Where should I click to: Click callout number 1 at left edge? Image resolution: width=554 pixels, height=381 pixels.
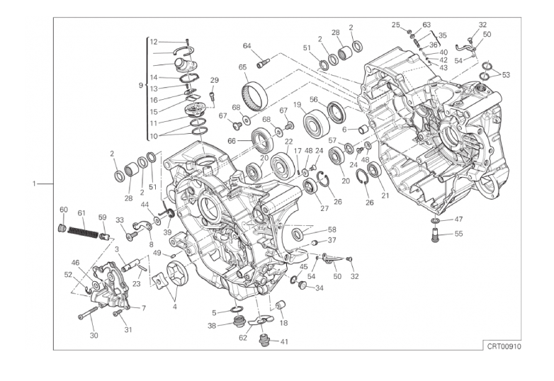tap(34, 184)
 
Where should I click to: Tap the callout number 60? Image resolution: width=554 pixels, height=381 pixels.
tap(63, 210)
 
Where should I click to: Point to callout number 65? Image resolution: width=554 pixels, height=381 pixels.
tap(242, 67)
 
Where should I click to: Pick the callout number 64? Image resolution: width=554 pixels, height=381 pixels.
tap(247, 46)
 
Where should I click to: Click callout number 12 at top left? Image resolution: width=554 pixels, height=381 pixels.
tap(153, 42)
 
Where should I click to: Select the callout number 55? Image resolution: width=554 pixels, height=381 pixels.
tap(458, 234)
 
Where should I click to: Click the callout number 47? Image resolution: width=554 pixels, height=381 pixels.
tap(458, 219)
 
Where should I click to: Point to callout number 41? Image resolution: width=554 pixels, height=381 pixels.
tap(284, 342)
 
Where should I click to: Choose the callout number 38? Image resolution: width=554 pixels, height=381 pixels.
tap(212, 326)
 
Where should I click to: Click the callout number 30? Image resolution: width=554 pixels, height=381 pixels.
tap(94, 335)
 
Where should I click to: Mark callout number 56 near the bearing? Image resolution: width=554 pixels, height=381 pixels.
tap(313, 99)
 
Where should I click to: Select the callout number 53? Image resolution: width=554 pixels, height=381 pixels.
tap(506, 74)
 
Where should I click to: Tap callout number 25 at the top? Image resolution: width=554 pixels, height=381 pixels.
tap(395, 25)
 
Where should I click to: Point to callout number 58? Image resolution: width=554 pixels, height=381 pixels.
tap(332, 229)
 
